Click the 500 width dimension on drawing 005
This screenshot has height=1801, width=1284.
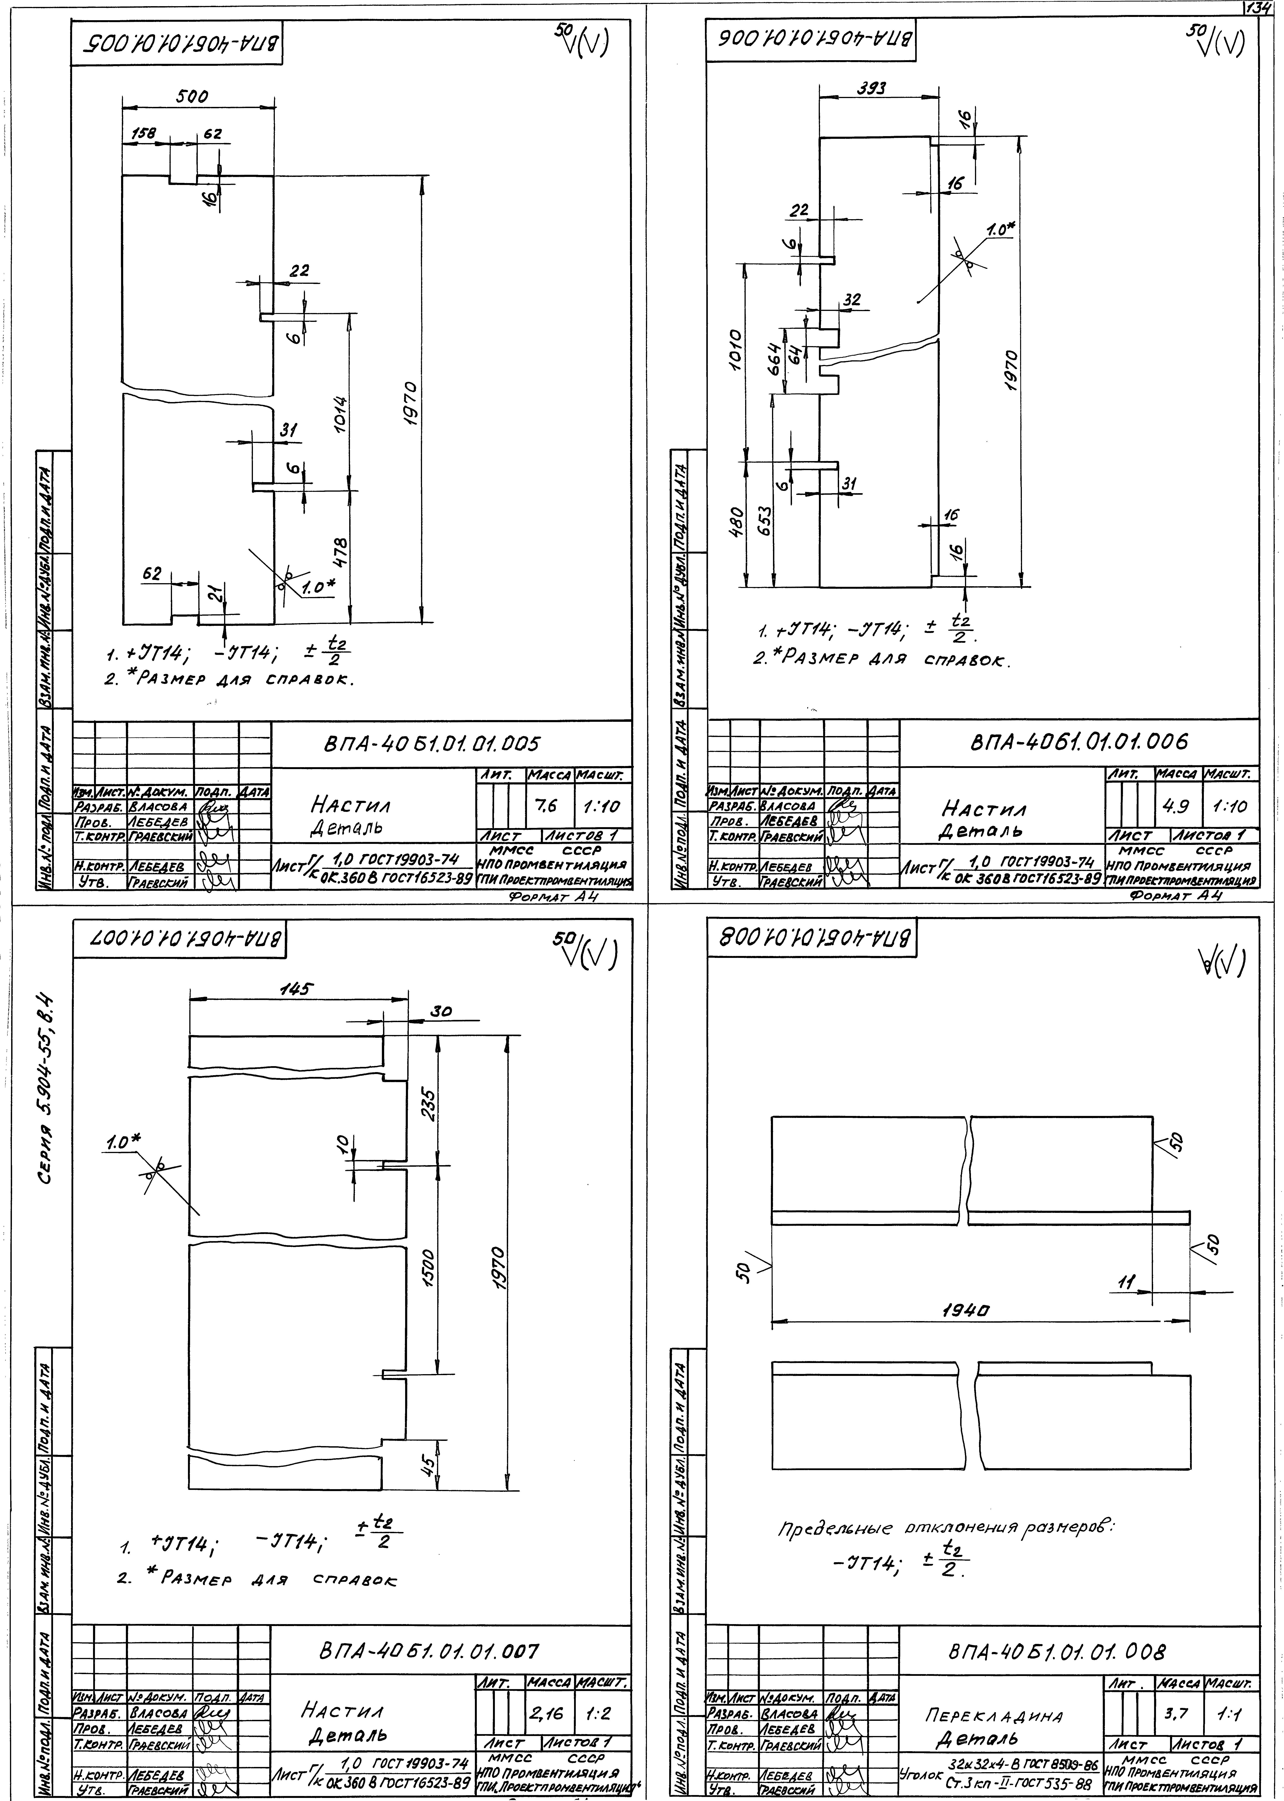192,97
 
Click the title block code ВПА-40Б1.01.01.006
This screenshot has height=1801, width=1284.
1078,742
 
